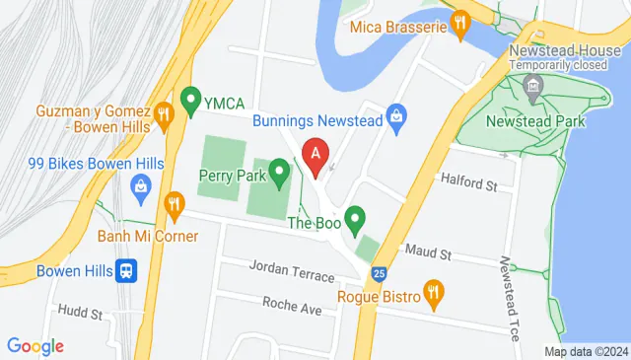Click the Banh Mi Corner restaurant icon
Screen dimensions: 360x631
tap(175, 204)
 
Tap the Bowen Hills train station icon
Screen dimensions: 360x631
tap(126, 270)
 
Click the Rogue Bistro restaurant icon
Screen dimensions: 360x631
tap(432, 292)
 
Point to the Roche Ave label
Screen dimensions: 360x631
tap(293, 308)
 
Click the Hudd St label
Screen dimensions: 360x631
tap(80, 314)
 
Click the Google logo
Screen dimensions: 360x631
tap(35, 345)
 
